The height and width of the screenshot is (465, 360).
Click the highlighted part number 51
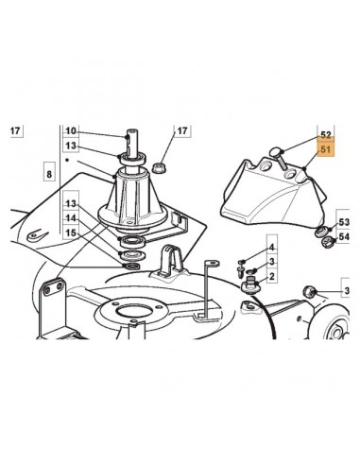point(326,150)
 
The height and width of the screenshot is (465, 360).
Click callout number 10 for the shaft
point(71,130)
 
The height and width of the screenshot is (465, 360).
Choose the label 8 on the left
point(48,174)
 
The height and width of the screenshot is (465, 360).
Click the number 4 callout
point(271,248)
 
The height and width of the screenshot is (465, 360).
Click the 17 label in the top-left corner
point(14,130)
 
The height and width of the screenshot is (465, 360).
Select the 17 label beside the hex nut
point(183,130)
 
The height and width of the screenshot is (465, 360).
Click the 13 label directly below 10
point(71,146)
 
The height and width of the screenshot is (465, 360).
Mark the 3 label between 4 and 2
point(271,262)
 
